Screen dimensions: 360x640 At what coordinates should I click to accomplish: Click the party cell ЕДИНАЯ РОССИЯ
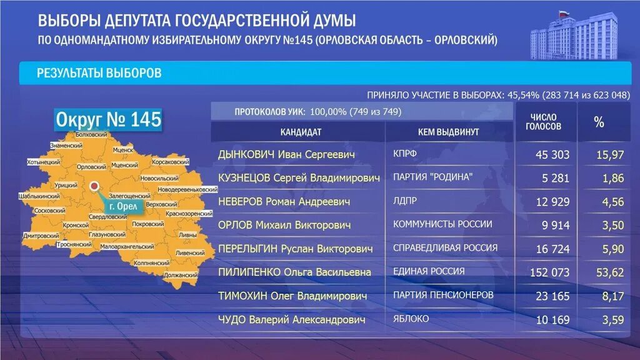[429, 271]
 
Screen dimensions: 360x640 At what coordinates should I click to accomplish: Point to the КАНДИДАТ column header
[301, 132]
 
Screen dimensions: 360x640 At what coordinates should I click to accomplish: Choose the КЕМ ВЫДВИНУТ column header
[448, 132]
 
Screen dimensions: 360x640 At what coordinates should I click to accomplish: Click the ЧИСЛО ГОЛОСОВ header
[543, 122]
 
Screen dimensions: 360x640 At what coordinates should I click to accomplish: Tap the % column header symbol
[599, 122]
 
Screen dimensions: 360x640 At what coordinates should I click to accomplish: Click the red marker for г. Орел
[94, 186]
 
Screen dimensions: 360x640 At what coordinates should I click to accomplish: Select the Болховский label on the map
[91, 135]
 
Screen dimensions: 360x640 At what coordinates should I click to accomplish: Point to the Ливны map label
[187, 234]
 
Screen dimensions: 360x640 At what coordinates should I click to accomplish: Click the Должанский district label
[181, 274]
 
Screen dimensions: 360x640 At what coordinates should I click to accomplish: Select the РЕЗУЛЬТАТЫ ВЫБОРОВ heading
[99, 74]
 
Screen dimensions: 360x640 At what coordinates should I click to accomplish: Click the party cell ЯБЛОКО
[411, 319]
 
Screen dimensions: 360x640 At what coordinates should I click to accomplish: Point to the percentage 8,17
[612, 296]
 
